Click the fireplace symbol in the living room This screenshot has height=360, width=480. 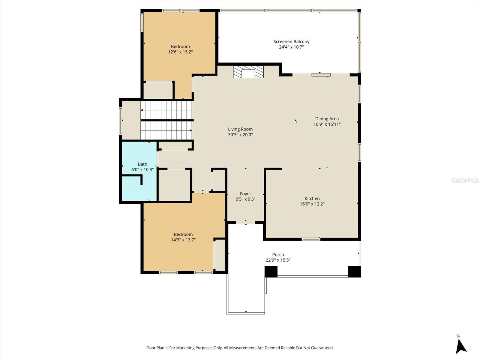pos(248,72)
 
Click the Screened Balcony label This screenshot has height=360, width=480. pos(291,42)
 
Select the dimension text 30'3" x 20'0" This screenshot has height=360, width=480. pos(240,135)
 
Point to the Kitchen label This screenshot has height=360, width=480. pos(312,199)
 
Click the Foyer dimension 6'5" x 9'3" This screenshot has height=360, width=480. pos(245,199)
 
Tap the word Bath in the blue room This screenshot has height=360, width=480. pos(142,164)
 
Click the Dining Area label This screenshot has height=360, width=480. pos(327,119)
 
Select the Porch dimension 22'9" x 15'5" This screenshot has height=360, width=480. pos(278,260)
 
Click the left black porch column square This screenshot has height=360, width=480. pos(271,271)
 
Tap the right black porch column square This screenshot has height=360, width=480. pos(354,271)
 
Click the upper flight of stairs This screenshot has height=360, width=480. pos(166,110)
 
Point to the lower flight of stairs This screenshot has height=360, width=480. pos(166,130)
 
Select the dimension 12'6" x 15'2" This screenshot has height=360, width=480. pos(180,52)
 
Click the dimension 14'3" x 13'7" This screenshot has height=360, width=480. pos(183,240)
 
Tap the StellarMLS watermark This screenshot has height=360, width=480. pos(465,180)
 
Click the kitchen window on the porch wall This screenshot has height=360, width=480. pos(311,239)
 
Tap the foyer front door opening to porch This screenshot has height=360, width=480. pos(245,222)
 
